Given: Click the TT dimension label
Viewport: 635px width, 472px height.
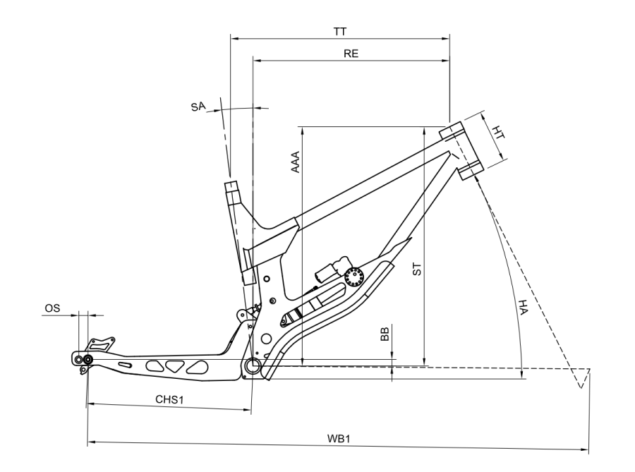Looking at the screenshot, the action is [340, 32].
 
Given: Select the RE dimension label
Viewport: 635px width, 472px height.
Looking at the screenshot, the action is [351, 54].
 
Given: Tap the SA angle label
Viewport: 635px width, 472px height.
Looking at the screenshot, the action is [198, 107].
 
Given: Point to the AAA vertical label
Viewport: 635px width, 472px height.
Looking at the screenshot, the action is [296, 162].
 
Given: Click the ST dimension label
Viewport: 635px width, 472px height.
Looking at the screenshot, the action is [417, 270].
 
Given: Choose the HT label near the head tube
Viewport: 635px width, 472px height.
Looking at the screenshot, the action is [498, 133].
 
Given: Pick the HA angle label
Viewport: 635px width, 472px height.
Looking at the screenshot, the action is [523, 307].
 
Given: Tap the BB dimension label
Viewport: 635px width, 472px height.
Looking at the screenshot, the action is [385, 334].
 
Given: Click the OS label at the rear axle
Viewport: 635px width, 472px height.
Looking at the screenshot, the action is [52, 308].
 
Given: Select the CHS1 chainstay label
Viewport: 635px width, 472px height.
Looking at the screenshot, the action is [169, 399].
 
